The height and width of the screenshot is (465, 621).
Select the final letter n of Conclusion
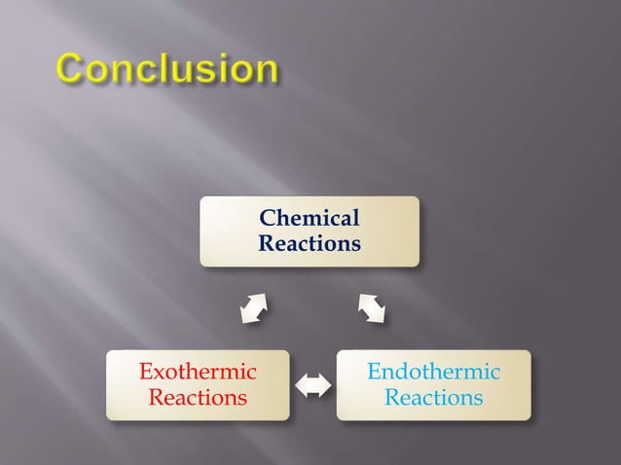264,71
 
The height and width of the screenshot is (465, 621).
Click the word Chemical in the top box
310,218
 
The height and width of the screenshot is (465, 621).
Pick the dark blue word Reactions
310,242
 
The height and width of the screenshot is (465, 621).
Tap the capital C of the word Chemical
268,218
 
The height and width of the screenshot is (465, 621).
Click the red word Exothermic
198,372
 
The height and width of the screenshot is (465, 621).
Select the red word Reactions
198,397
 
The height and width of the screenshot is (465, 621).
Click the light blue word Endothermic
433,372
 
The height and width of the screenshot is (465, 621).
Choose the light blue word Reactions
433,397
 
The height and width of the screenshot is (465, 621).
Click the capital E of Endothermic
375,372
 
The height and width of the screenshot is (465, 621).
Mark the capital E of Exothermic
146,372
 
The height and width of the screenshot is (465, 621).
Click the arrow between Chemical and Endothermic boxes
371,308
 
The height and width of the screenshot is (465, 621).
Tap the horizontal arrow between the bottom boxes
312,385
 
